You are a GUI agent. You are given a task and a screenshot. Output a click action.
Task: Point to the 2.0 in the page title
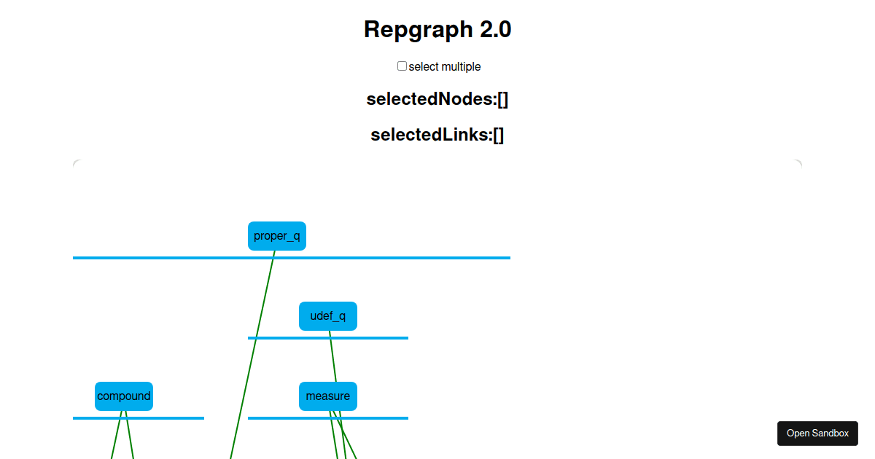coord(495,30)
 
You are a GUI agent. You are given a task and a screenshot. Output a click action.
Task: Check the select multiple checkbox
coord(402,66)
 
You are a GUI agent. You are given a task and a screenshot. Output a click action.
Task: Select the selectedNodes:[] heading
coord(437,99)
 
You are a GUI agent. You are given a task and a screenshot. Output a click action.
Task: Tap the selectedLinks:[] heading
coord(437,135)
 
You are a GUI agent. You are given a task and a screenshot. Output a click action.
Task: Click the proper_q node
coord(277,236)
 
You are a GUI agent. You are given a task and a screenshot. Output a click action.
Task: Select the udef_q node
coord(328,316)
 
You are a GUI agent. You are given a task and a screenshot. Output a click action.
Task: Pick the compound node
coord(124,396)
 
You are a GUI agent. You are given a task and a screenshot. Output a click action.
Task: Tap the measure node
coord(328,396)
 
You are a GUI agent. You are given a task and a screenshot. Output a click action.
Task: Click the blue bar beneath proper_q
coord(401,258)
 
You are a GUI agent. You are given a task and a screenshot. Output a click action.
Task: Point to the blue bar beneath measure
coord(379,418)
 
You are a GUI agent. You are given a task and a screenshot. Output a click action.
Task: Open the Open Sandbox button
coord(817,433)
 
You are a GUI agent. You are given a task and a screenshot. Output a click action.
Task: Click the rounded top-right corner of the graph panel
coord(798,163)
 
